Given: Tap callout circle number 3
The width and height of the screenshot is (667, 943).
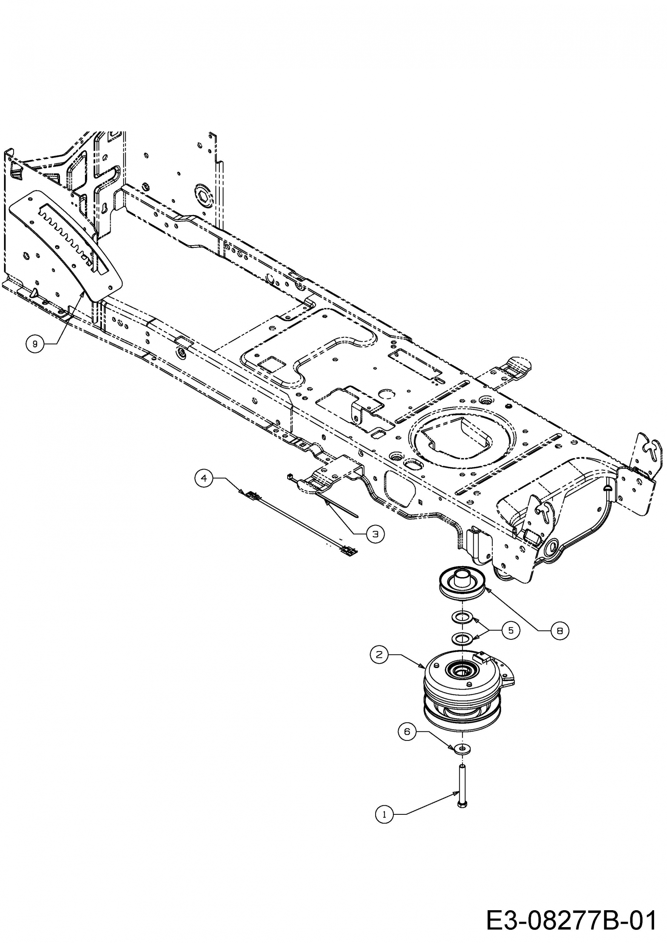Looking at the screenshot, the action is coord(375,534).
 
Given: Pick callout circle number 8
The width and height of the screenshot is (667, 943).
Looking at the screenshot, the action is coord(559,630).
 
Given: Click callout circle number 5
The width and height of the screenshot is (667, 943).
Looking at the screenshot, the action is coord(511,630).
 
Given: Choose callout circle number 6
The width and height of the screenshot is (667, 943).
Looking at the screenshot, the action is coord(407,731).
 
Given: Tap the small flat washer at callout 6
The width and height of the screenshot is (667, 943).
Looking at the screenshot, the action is coord(463,748).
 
